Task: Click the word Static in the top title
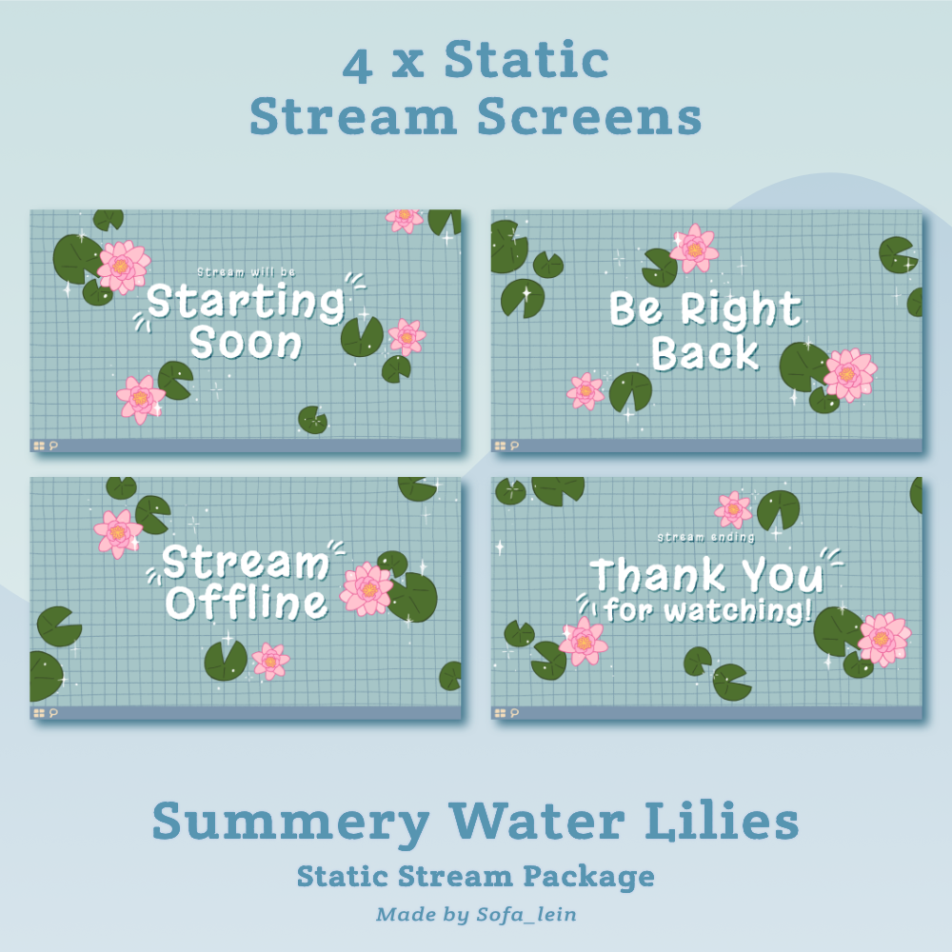point(526,60)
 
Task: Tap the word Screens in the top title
point(589,116)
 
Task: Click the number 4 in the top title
point(358,66)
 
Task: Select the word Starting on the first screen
point(246,302)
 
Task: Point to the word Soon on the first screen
point(246,343)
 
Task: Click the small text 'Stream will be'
point(246,272)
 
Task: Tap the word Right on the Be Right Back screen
point(741,309)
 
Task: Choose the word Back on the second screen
point(704,354)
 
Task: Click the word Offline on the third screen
point(247,604)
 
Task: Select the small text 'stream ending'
point(706,537)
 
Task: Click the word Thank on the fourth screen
point(658,575)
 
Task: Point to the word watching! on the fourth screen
point(739,611)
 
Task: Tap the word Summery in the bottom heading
point(290,823)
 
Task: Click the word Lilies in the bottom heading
point(722,821)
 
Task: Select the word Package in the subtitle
point(588,878)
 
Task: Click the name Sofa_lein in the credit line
point(526,914)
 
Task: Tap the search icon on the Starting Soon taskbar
point(53,446)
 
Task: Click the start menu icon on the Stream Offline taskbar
point(39,713)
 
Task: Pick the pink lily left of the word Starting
point(123,267)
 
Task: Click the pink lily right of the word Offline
point(367,589)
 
